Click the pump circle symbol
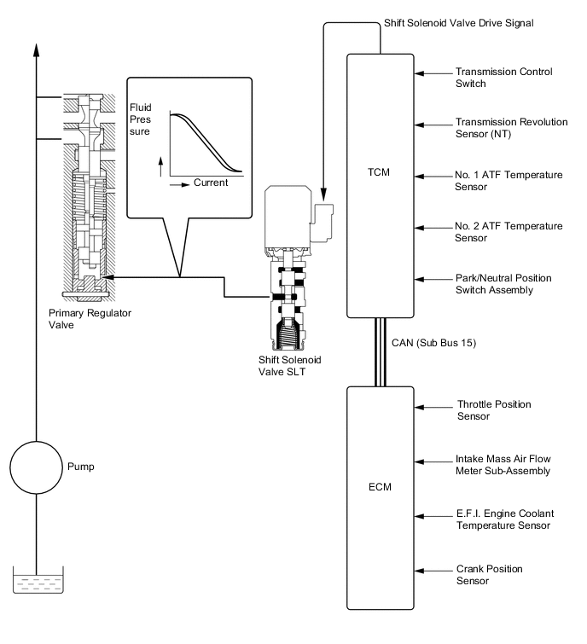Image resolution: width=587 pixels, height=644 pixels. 36,467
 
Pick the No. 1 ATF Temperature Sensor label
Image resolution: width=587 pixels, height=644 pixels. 509,180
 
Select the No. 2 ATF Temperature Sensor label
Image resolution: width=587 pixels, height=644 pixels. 509,232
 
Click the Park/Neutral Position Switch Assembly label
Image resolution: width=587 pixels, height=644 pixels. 503,284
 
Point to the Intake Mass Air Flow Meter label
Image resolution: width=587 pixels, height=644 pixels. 507,464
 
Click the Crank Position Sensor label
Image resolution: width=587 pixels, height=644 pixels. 489,574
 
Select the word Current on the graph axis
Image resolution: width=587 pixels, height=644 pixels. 210,183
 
